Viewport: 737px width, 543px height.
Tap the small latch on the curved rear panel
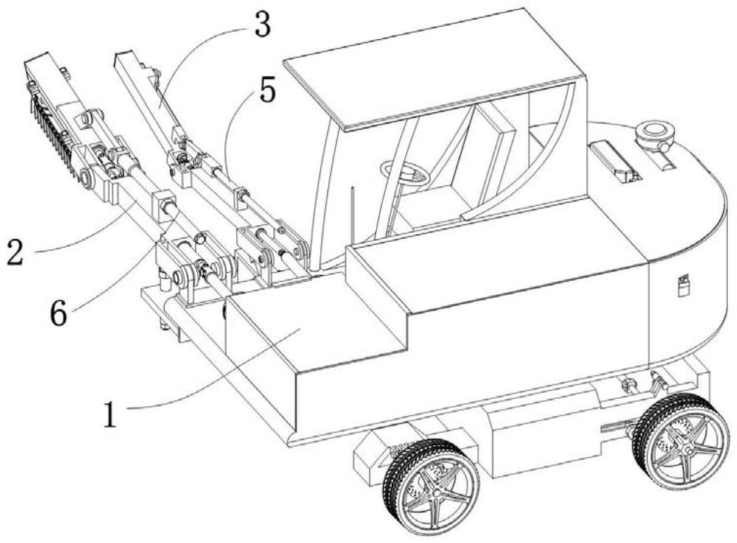coord(682,285)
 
